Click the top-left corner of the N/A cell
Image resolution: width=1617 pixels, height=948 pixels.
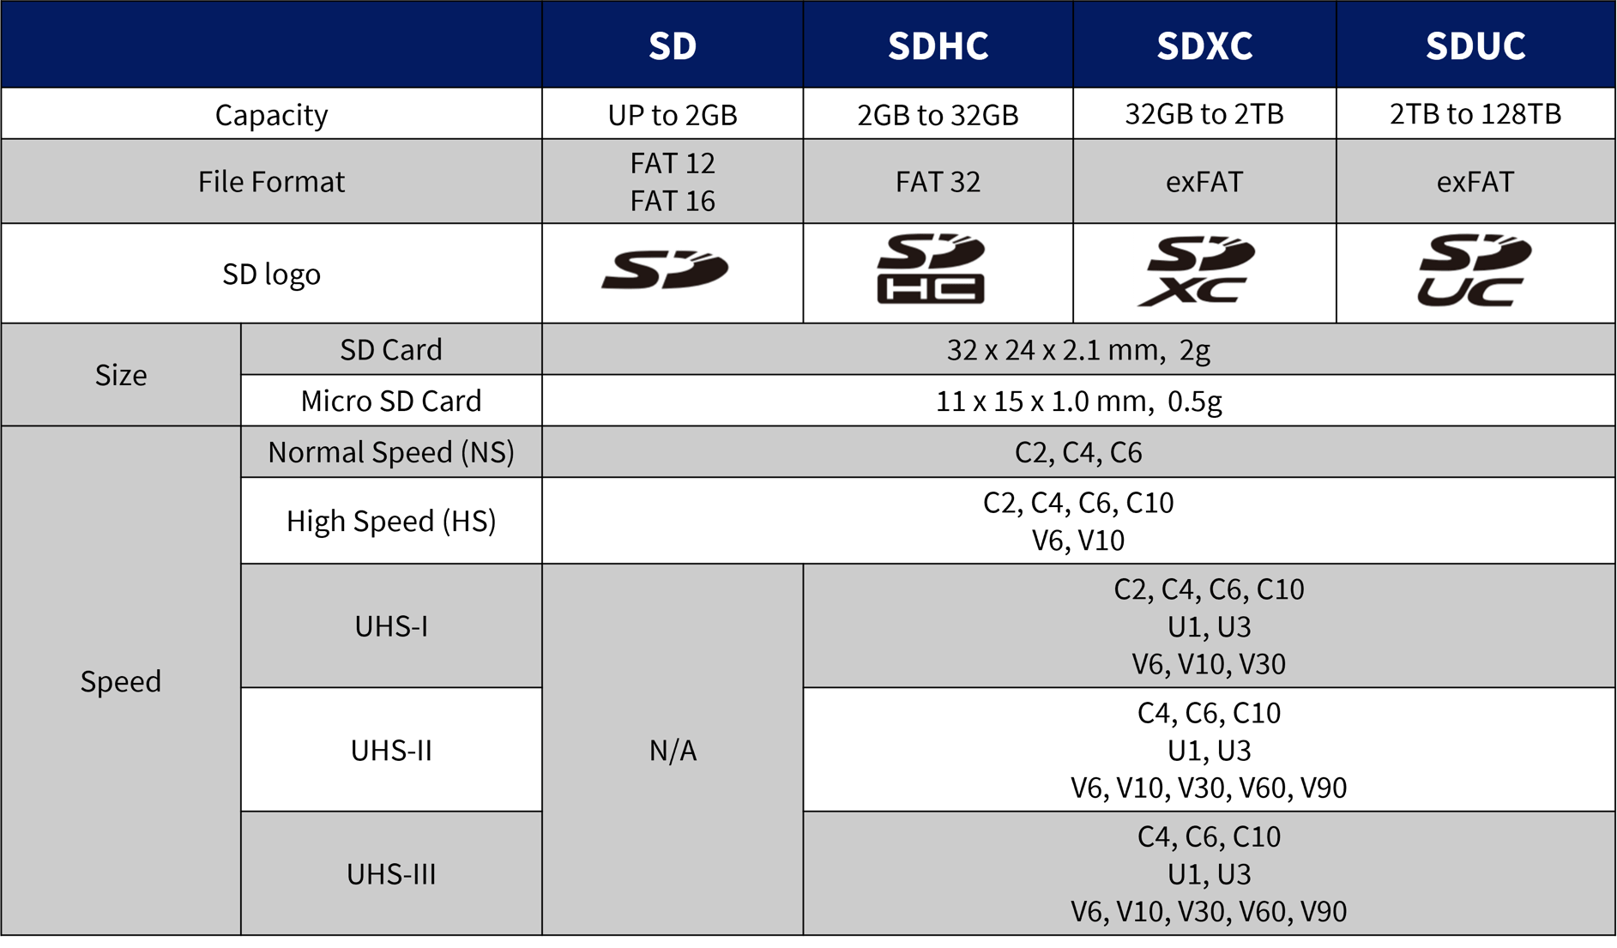click(x=542, y=564)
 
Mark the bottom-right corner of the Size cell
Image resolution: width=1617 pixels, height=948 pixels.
click(x=241, y=426)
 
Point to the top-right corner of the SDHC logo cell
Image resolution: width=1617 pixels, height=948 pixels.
click(x=1073, y=224)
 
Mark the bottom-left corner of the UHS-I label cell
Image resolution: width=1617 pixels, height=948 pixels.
click(x=241, y=687)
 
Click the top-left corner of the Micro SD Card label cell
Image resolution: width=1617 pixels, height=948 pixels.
click(x=241, y=375)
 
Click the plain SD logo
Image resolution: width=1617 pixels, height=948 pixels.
click(x=665, y=270)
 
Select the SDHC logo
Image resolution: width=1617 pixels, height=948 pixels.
click(x=931, y=269)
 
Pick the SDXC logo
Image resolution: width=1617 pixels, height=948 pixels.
click(x=1198, y=270)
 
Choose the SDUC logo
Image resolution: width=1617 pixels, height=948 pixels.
click(x=1474, y=270)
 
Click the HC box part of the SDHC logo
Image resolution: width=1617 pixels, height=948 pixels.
click(x=931, y=289)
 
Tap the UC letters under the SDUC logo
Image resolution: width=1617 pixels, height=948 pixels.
click(x=1469, y=291)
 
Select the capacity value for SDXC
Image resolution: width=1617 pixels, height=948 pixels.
click(x=1204, y=114)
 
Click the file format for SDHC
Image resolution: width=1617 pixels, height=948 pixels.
click(x=938, y=182)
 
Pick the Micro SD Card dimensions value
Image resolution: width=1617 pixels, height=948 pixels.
click(x=1078, y=401)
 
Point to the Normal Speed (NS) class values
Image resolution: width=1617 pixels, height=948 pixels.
click(x=1078, y=452)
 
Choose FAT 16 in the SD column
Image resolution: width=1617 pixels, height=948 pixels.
click(x=673, y=201)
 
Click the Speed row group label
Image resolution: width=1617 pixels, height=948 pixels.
click(x=121, y=681)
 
